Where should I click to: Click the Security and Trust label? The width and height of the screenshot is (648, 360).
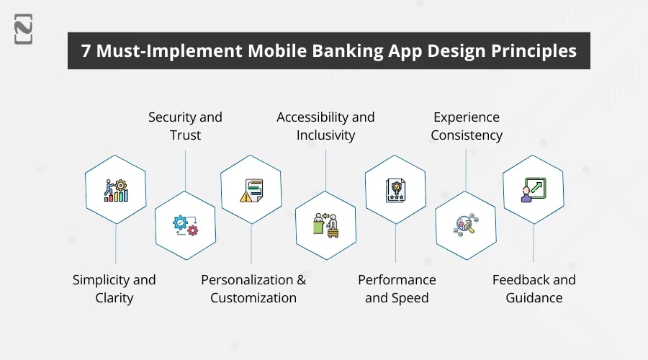click(x=185, y=126)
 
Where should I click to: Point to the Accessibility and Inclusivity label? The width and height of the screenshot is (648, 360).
click(x=325, y=126)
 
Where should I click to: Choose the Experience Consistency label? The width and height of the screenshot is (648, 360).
click(x=466, y=126)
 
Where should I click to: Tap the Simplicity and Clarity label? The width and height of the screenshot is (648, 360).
click(x=114, y=289)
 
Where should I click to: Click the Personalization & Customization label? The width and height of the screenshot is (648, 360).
click(x=253, y=289)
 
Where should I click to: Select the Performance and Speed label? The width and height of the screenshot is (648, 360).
click(x=397, y=289)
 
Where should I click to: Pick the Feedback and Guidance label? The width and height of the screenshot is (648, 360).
click(x=534, y=289)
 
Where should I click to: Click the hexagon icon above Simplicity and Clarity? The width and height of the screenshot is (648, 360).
click(x=115, y=190)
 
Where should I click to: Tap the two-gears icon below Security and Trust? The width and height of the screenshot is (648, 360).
click(x=185, y=225)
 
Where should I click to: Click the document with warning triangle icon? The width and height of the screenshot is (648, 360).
click(x=251, y=190)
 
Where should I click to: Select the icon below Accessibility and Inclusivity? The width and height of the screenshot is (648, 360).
click(x=325, y=225)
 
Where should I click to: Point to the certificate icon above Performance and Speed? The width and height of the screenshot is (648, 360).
click(x=395, y=190)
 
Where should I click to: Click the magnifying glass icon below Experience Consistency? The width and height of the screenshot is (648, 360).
click(x=466, y=225)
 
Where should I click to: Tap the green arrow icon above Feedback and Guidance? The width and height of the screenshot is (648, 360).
click(x=533, y=190)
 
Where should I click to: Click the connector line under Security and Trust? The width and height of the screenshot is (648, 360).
click(x=186, y=169)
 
